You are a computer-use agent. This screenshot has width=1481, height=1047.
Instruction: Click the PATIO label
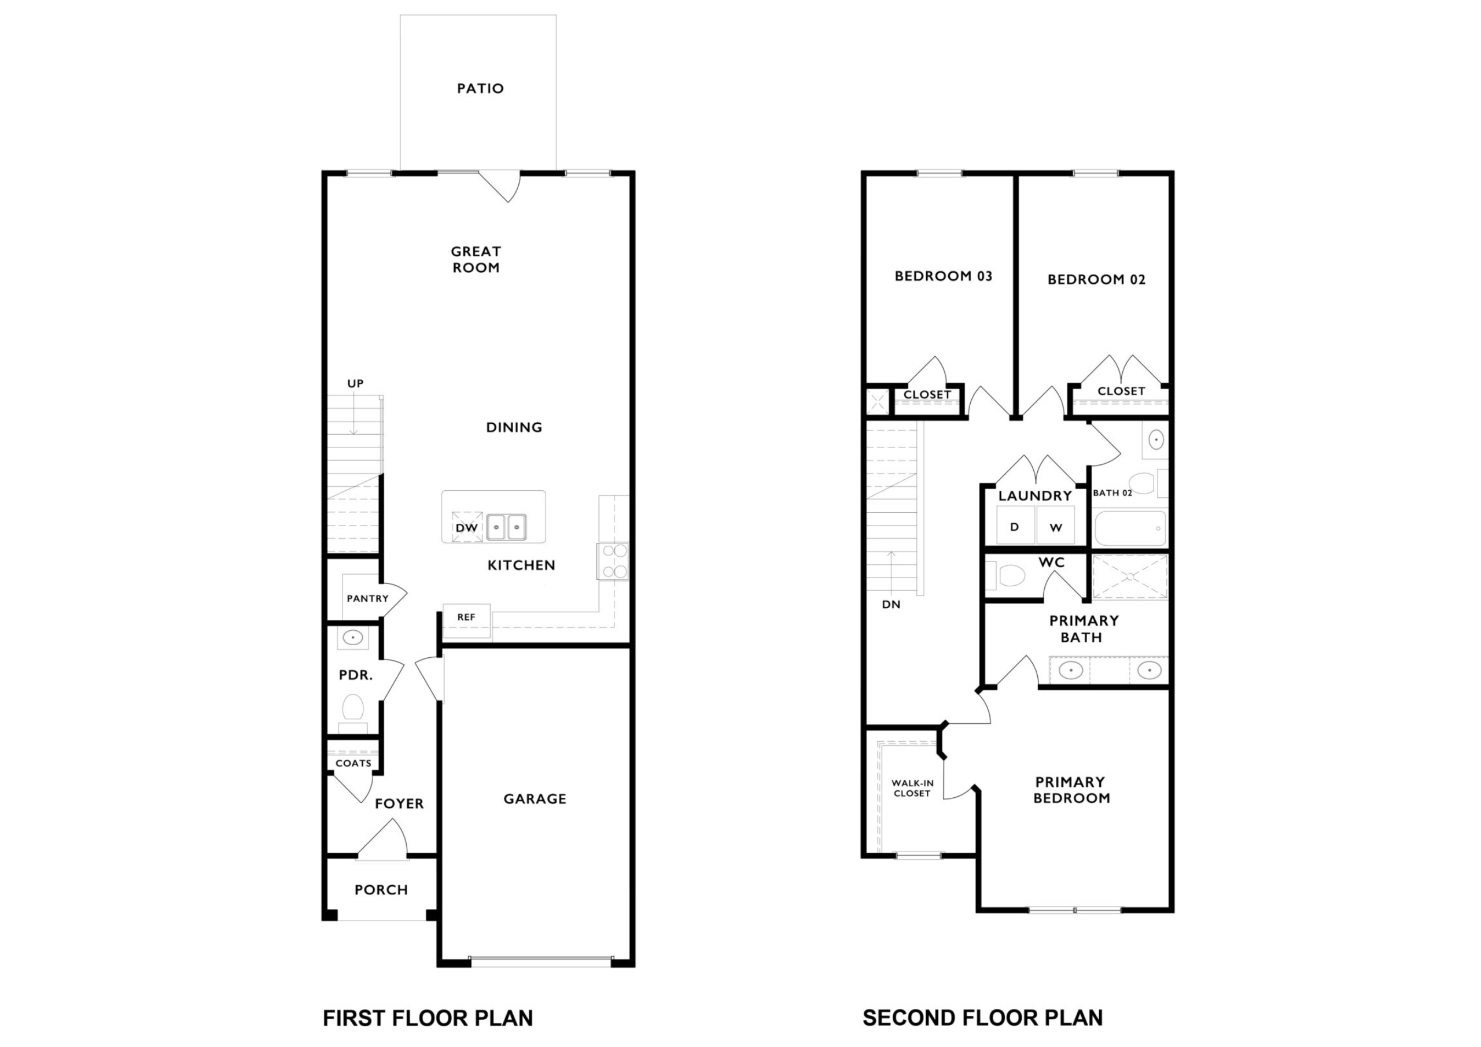click(481, 88)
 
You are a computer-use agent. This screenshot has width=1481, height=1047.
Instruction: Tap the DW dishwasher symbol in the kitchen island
click(467, 527)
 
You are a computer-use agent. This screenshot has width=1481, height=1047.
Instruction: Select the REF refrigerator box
click(466, 621)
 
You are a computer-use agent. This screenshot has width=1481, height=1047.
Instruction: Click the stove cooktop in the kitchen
click(613, 561)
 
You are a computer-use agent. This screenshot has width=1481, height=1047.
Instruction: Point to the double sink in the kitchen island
click(506, 527)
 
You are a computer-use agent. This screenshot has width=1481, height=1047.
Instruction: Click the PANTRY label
click(368, 598)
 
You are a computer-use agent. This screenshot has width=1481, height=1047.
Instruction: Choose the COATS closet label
click(353, 763)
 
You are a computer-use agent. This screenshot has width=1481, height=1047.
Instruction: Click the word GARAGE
click(535, 799)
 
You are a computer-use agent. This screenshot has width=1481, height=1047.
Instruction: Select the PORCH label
click(381, 890)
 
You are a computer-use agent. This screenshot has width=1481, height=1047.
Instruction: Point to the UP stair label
click(355, 384)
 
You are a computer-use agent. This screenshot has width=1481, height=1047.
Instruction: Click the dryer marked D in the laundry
click(1015, 526)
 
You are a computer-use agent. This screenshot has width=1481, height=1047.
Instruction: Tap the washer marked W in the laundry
click(1055, 526)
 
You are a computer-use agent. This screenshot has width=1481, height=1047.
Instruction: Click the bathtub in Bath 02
click(1130, 528)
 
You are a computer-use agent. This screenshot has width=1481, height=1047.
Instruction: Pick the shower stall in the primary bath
click(1129, 576)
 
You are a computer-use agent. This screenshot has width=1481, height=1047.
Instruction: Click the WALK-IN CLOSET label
click(912, 788)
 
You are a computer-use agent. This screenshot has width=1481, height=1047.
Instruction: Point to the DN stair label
click(891, 605)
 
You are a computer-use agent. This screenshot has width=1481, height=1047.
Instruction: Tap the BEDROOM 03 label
click(943, 276)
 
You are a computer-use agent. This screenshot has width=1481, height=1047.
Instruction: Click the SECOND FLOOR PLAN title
click(982, 1018)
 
